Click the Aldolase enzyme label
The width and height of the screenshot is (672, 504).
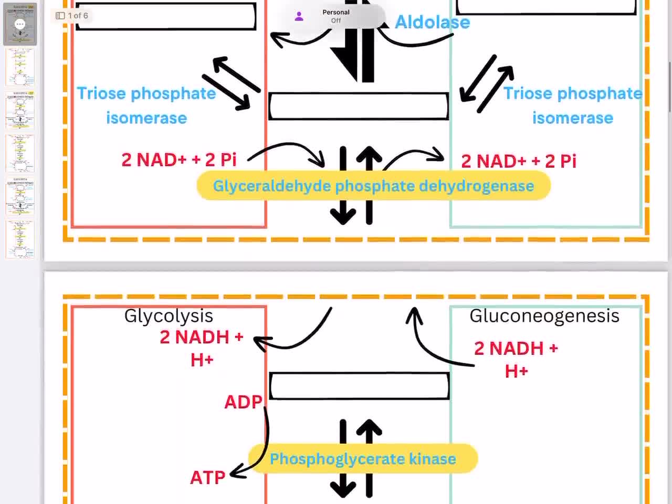point(432,22)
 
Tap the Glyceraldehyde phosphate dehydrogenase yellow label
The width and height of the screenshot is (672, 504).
point(373,186)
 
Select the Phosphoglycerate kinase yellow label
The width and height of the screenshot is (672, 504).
point(363,459)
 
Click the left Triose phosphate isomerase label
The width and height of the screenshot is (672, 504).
point(146,105)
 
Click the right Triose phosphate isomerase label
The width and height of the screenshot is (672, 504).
point(572,105)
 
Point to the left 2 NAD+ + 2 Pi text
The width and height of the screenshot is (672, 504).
point(178,160)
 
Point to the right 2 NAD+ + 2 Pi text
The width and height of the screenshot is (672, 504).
point(518,161)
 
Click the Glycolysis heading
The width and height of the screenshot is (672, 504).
point(169,316)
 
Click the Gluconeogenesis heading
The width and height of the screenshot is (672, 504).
point(544,316)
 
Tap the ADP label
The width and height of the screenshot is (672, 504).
point(243,402)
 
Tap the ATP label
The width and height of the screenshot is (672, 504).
point(207,478)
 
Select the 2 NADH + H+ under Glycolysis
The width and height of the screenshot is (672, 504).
point(202,348)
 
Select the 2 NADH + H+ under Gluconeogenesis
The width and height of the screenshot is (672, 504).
point(516,359)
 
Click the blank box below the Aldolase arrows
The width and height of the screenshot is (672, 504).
point(359,107)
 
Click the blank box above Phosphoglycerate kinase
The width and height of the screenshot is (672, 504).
point(359,386)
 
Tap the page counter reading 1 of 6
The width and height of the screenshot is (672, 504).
point(72,16)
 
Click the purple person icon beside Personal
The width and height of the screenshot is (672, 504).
point(299,16)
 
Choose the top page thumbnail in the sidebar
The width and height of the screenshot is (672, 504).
point(20,24)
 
